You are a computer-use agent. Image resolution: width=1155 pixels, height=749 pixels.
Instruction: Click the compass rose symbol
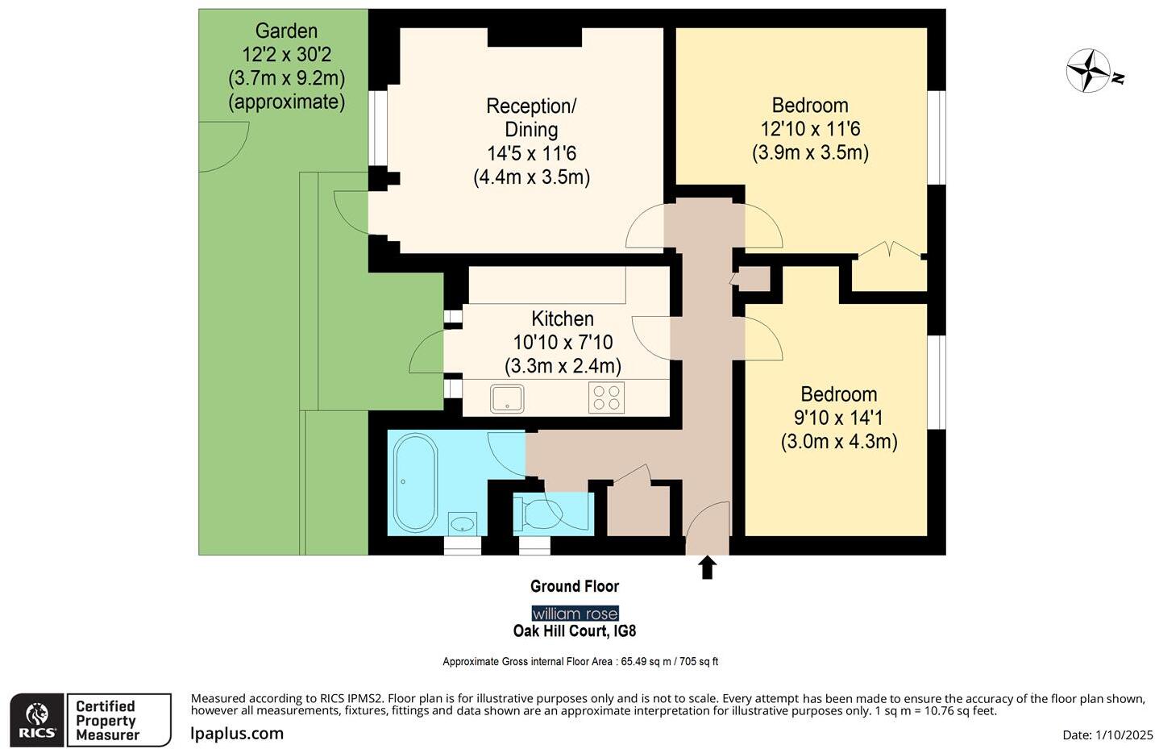tap(1090, 71)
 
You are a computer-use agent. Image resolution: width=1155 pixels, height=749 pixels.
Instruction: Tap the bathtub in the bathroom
tap(415, 482)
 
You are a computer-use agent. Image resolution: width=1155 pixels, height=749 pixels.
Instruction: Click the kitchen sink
tap(507, 398)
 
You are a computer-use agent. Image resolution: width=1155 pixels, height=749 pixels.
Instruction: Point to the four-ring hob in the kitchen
tap(606, 397)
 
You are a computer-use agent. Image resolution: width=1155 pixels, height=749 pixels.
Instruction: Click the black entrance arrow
tap(707, 568)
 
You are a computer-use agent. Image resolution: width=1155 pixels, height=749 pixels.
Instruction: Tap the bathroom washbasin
tap(463, 524)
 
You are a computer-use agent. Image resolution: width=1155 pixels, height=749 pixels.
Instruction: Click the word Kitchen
tap(562, 318)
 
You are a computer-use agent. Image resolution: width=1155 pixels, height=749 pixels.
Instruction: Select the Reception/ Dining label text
tap(531, 118)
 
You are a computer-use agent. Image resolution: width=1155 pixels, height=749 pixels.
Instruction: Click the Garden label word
tap(286, 31)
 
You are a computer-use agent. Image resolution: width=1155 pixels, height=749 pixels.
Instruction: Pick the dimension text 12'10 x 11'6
tap(810, 129)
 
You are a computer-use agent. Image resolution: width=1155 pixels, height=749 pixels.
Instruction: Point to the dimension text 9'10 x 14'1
tap(838, 418)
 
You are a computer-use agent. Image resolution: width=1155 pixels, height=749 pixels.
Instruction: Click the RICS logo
tap(37, 720)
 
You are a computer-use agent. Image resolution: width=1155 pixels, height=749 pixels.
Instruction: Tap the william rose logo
tap(575, 614)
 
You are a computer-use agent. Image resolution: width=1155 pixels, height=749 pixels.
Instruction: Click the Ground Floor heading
tap(575, 586)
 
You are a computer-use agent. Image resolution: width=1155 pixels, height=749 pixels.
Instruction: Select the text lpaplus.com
tap(237, 733)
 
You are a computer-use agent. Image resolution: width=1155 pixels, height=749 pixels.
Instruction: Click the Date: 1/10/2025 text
tap(1107, 734)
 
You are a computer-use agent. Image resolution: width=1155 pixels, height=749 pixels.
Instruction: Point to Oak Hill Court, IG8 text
tap(575, 631)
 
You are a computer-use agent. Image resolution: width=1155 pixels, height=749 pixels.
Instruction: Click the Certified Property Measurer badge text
tap(107, 720)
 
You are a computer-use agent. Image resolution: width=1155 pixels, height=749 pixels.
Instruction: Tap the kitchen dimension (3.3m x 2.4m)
tap(563, 366)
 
